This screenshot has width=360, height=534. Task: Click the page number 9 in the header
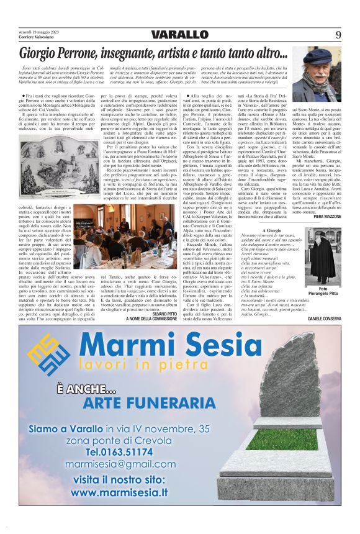(x=338, y=35)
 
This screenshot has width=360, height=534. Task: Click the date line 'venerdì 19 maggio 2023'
(x=40, y=31)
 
